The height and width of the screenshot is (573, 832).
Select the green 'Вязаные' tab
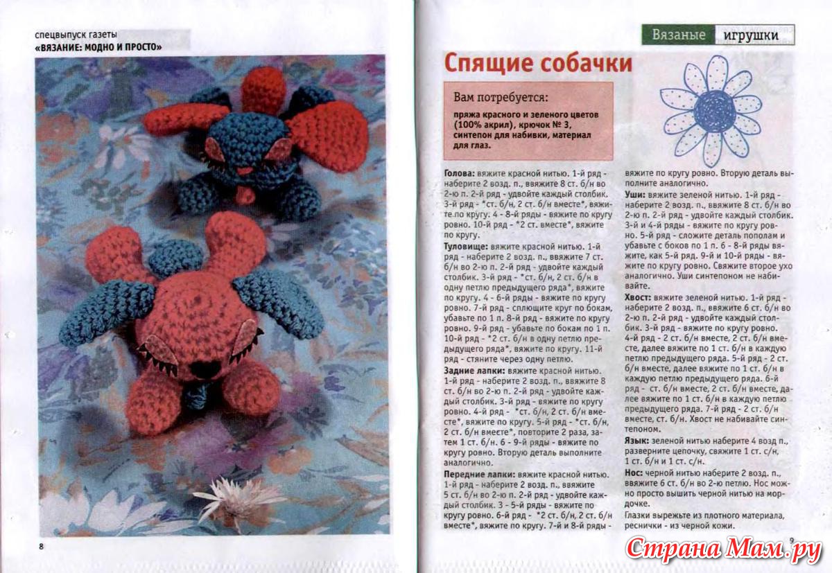tap(678, 35)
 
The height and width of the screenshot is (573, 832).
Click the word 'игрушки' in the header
tap(754, 35)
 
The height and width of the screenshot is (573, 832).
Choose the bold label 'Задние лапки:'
tap(474, 371)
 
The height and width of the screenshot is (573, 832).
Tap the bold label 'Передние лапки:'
tap(479, 474)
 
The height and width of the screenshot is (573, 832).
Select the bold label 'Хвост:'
tap(638, 297)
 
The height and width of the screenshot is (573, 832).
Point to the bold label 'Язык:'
tap(637, 441)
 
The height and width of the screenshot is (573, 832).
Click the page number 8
tap(42, 547)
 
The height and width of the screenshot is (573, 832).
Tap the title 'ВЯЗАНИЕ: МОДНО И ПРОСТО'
tap(98, 48)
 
